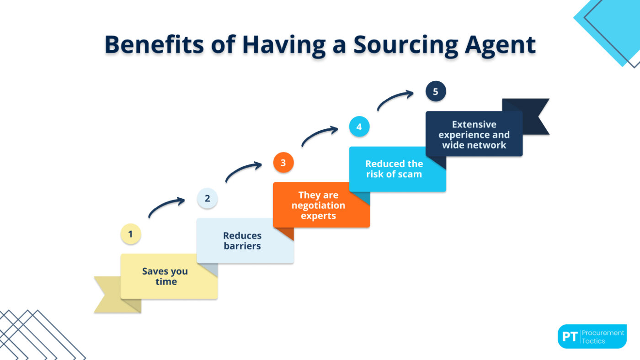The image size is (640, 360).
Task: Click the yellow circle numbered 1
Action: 130,234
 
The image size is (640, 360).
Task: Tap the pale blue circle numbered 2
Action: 207,198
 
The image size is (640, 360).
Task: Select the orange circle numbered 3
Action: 283,163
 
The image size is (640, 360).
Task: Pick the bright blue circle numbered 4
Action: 359,127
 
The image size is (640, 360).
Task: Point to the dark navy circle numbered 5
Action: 435,91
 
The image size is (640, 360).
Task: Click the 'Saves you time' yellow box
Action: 165,276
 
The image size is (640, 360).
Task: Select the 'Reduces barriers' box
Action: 242,241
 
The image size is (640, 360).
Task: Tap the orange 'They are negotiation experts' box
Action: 319,205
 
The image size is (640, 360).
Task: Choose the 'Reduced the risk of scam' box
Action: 395,169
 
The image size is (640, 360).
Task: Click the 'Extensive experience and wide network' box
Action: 474,134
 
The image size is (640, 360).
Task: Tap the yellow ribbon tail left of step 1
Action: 107,294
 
